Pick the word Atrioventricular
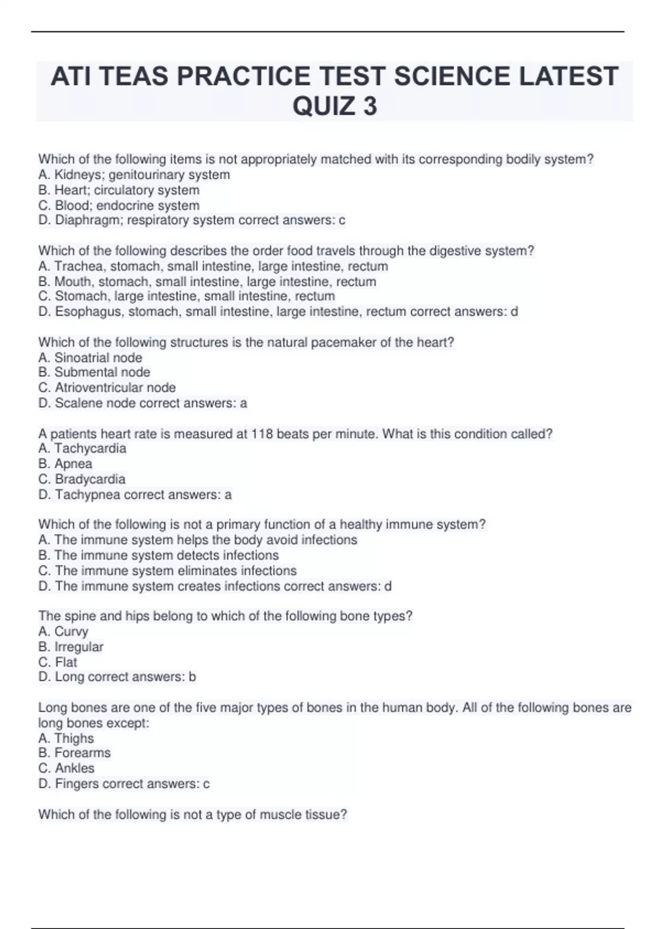point(100,387)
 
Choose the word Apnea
point(73,464)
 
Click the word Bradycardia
point(90,479)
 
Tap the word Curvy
point(71,632)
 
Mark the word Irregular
point(79,647)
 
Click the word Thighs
point(74,738)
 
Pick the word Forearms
point(82,753)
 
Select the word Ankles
point(74,768)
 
